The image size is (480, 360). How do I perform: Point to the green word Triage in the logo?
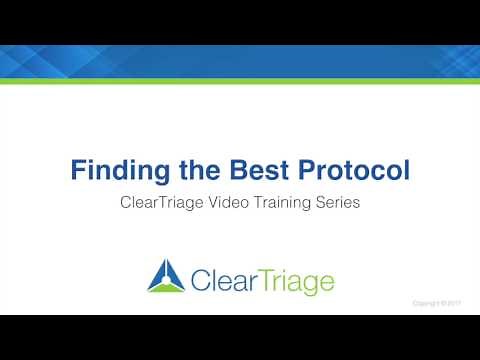pos(290,280)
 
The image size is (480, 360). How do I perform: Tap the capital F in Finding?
pos(78,170)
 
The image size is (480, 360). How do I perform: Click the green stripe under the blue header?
pos(240,81)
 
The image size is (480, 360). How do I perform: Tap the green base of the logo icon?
pos(162,289)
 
